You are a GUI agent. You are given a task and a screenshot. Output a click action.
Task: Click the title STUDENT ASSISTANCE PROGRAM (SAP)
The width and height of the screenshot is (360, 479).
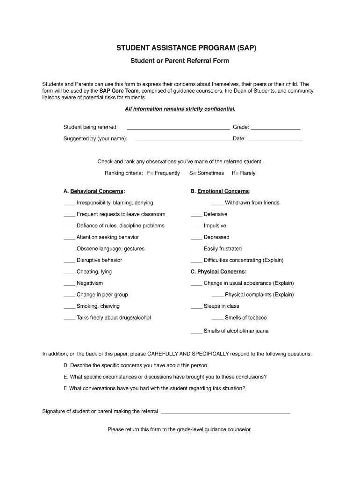[180, 48]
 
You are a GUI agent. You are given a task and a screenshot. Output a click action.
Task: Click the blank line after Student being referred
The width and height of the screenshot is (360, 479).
[178, 128]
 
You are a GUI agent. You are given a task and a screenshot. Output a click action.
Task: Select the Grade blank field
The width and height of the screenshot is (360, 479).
[275, 128]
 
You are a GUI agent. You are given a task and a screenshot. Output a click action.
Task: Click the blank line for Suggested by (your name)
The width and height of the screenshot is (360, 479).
[182, 140]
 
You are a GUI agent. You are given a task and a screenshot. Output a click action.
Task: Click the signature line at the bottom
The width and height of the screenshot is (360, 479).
[225, 413]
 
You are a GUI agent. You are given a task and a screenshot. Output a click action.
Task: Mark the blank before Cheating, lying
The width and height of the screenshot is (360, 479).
[69, 273]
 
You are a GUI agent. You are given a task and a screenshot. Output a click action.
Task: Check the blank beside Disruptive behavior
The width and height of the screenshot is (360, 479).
[69, 261]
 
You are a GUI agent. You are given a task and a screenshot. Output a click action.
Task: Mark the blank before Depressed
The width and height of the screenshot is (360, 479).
[196, 239]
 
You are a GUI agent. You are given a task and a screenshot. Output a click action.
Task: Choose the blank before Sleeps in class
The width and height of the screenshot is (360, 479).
[196, 307]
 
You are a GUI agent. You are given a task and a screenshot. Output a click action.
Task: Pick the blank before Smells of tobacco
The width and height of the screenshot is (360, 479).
[217, 319]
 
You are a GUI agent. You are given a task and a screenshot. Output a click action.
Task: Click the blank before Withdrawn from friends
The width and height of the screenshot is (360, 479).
[217, 204]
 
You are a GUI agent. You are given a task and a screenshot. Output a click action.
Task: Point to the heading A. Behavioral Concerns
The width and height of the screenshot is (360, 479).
[94, 191]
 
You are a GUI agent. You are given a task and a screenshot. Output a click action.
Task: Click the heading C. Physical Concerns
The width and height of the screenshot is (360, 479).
[218, 272]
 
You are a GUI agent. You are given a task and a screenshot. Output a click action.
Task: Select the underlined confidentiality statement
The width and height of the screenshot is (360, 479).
[180, 109]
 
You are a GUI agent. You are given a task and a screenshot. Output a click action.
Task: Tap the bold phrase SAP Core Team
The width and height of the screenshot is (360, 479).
[119, 91]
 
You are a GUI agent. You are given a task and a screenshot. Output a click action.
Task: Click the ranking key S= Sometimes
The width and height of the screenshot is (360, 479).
[207, 173]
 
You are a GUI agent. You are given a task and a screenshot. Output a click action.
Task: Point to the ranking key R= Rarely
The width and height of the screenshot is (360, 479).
[244, 173]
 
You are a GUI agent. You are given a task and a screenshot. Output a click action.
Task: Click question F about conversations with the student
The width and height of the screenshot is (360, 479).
[154, 388]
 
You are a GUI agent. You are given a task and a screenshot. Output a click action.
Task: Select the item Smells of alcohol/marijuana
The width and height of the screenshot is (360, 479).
[236, 331]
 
